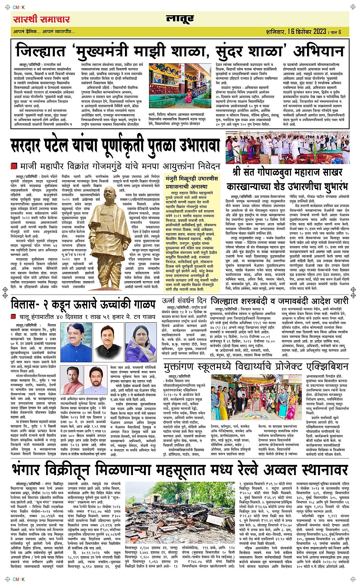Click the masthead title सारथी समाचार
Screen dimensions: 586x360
coord(41,19)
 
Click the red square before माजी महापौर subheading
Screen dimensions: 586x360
coord(14,167)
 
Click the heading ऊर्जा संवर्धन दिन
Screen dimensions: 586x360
coord(184,301)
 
